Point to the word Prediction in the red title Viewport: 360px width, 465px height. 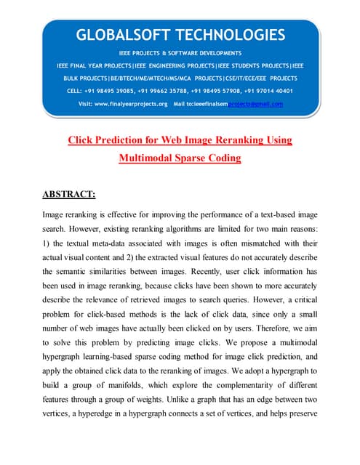[x=122, y=139]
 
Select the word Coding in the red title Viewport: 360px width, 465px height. [x=222, y=157]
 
